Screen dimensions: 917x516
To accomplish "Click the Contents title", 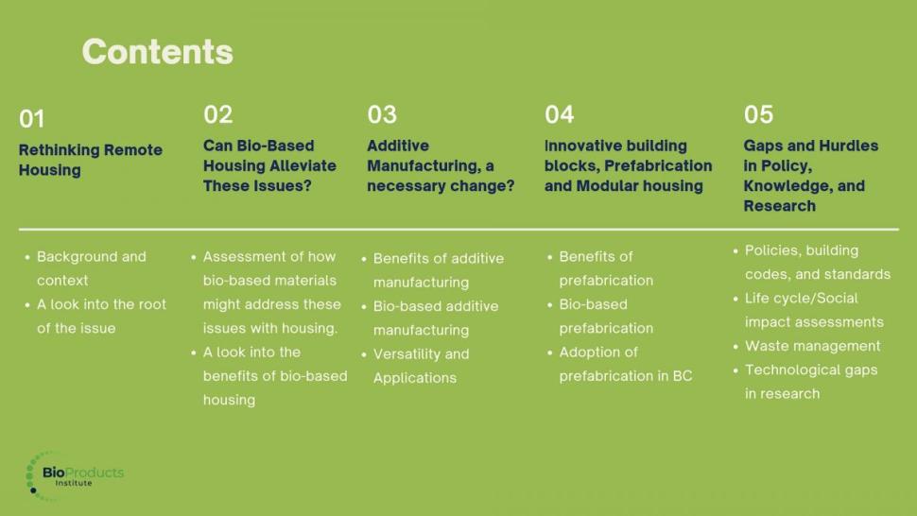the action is pyautogui.click(x=157, y=51).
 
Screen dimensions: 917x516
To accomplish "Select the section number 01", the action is pyautogui.click(x=31, y=119).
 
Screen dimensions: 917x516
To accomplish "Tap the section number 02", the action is pyautogui.click(x=218, y=114).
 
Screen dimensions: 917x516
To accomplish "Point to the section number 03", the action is pyautogui.click(x=382, y=114).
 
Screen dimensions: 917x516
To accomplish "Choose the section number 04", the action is pyautogui.click(x=559, y=114).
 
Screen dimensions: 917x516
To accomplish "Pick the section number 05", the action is pyautogui.click(x=758, y=114).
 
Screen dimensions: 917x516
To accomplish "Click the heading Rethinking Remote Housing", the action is pyautogui.click(x=91, y=160).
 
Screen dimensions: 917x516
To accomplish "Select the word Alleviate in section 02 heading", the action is pyautogui.click(x=303, y=166).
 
